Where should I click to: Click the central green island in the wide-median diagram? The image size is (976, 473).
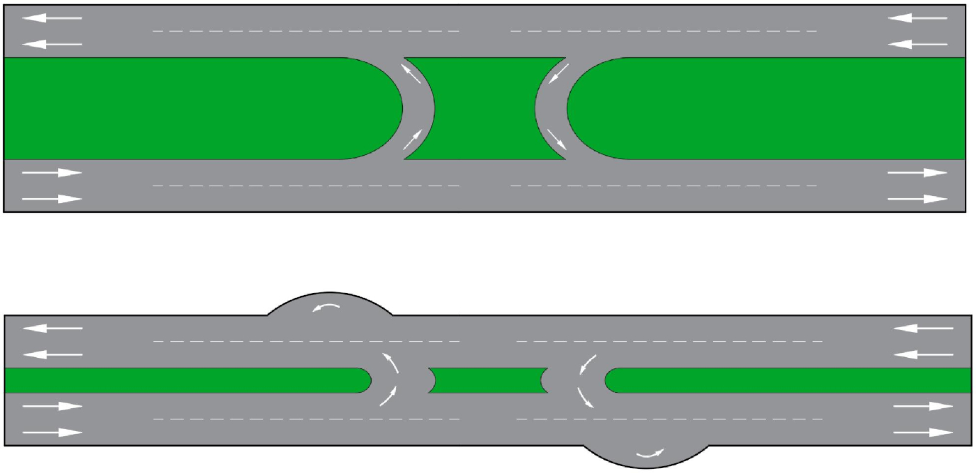click(485, 108)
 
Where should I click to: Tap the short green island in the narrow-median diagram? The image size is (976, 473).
click(488, 380)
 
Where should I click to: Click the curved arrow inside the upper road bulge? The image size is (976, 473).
click(327, 308)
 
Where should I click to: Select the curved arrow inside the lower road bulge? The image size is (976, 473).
click(649, 455)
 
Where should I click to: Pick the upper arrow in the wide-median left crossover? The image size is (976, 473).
click(411, 73)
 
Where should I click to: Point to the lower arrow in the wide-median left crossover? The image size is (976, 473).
click(413, 140)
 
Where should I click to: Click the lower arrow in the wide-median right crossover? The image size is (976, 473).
click(557, 140)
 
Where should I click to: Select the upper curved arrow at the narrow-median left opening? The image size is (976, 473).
click(390, 364)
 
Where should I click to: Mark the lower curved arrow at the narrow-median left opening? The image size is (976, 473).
click(389, 396)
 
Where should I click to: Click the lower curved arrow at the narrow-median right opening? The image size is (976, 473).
click(586, 396)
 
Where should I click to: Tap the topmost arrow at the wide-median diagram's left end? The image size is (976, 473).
click(52, 18)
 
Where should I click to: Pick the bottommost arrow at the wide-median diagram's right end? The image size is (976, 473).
click(917, 199)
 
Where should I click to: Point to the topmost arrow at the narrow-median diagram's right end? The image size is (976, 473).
click(924, 328)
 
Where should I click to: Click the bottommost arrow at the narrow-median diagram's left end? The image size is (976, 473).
click(52, 433)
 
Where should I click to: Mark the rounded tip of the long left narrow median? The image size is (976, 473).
click(365, 380)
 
